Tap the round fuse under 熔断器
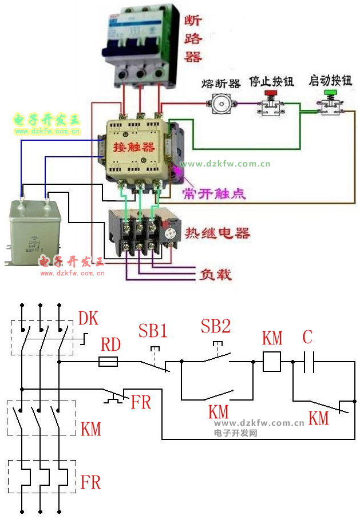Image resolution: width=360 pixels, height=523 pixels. point(220,104)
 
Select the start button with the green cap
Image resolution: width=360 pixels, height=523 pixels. point(330,103)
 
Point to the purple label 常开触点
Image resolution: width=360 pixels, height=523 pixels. point(213,193)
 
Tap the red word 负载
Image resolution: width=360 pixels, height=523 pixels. point(215,275)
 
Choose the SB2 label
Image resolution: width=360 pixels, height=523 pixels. point(215,326)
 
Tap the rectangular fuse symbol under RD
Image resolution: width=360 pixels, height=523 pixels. point(109,362)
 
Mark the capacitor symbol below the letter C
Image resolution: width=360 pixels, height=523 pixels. point(308,362)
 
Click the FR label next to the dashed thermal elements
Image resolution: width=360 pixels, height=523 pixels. point(90,482)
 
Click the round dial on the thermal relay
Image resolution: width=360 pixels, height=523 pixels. point(169,234)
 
